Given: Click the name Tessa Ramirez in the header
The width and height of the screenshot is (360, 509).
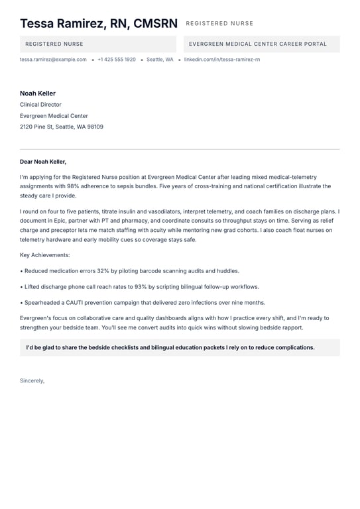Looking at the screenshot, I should coord(63,24).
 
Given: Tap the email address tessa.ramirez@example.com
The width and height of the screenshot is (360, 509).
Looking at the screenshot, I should coord(53,60).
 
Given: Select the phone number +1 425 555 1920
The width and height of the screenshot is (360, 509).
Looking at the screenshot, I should coord(117,60).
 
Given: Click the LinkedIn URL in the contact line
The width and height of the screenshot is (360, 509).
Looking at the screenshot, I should coord(221,60).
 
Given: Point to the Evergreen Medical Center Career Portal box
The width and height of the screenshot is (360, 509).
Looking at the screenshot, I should coord(258,44).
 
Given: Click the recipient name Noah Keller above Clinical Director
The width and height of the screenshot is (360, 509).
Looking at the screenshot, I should coord(38,93).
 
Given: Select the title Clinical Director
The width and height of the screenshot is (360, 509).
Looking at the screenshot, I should coord(40,105).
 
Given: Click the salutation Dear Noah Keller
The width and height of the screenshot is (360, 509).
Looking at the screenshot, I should coord(43,162).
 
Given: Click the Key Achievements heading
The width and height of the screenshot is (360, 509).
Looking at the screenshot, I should coord(44,255).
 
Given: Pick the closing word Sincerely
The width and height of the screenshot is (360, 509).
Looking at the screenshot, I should coord(32,381).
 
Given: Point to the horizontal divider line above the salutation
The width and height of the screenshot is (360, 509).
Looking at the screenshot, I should coord(180,149).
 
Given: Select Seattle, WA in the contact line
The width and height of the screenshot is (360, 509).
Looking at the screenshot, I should coord(160,60).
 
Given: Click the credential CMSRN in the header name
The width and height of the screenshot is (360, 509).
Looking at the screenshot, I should coord(156,24).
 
